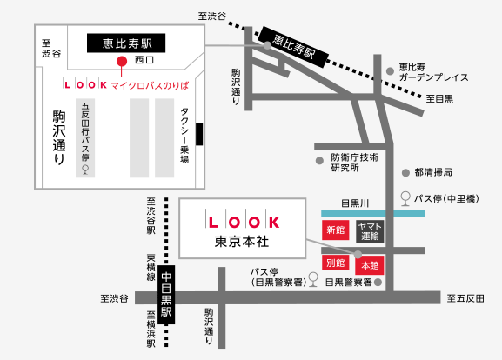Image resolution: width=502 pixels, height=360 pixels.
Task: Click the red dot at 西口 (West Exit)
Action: click(121, 61)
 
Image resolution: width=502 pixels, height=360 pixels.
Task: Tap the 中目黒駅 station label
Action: click(166, 295)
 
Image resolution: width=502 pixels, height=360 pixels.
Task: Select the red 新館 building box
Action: click(335, 230)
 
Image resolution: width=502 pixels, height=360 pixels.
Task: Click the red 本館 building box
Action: click(370, 265)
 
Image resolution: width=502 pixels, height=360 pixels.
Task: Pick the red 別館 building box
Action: click(335, 263)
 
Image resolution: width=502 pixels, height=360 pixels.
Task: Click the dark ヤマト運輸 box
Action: click(370, 231)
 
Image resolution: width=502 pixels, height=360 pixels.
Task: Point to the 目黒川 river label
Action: click(355, 203)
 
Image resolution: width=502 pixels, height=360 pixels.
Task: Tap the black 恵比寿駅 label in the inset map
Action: click(126, 43)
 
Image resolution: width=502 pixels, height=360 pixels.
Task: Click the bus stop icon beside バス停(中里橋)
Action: click(405, 198)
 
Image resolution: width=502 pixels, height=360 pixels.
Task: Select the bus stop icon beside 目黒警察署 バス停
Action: click(313, 279)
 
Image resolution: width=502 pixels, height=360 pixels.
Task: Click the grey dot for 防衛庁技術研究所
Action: click(319, 161)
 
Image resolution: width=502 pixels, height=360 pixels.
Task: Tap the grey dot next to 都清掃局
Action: click(405, 173)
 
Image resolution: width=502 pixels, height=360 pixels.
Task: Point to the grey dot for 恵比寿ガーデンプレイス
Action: click(390, 71)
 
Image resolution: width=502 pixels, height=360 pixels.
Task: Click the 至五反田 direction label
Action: click(465, 298)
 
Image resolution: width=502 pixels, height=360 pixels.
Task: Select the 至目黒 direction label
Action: click(439, 98)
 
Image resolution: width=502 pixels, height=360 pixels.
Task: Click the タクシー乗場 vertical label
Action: click(184, 136)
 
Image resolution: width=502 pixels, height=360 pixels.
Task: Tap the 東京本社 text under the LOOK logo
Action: click(242, 241)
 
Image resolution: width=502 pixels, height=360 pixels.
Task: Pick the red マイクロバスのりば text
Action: click(150, 85)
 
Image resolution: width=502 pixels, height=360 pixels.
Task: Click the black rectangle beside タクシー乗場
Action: click(199, 134)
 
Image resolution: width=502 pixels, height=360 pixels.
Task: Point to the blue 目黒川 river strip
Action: click(373, 213)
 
